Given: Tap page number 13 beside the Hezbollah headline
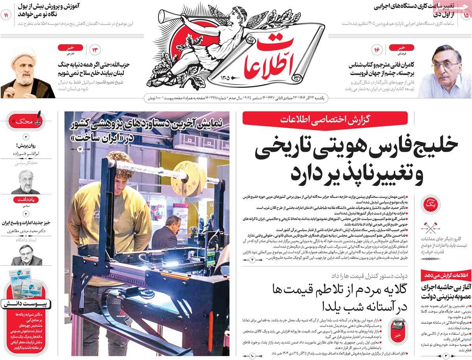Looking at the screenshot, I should (x=96, y=50).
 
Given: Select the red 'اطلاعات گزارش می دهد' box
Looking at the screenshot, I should (x=446, y=275).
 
